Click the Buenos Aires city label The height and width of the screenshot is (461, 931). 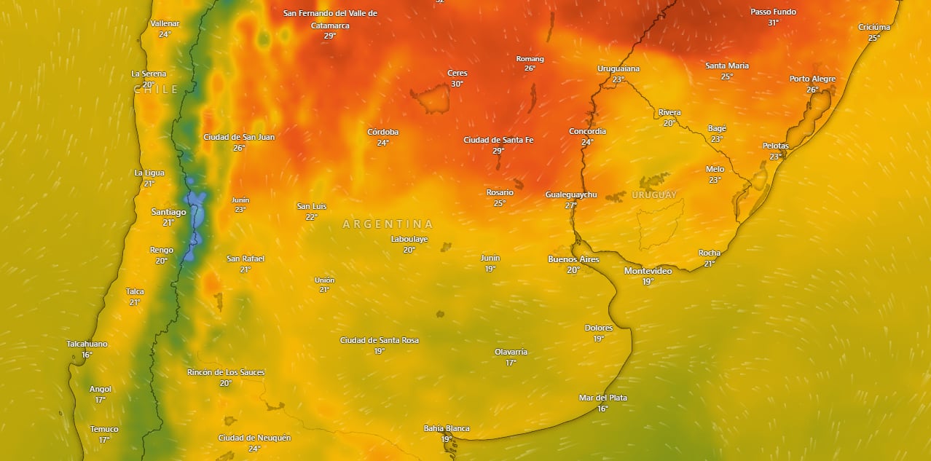pos(573,259)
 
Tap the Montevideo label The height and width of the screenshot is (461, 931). pos(648,271)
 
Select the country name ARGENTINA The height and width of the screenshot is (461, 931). pos(388,224)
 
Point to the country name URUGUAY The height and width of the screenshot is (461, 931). pos(653,195)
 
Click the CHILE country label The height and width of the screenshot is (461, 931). pos(156,90)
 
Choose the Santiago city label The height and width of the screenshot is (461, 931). pos(168,212)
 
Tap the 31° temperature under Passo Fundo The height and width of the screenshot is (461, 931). pos(773,23)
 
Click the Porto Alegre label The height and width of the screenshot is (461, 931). pos(812,79)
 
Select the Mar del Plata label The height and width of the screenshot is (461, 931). pos(602,398)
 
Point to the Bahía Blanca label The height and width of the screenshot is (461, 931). pos(447,428)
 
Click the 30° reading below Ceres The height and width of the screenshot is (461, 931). pos(457,84)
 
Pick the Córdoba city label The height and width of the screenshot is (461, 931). pos(382,133)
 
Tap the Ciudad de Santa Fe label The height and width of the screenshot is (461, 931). pos(498,140)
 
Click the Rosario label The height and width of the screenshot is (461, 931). pos(500,193)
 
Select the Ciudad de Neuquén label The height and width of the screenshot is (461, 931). pos(254,438)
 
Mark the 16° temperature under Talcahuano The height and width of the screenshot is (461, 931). pos(87,355)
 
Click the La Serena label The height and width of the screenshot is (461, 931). pos(149,74)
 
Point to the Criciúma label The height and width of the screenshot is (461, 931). pos(874,27)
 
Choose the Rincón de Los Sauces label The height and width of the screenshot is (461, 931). pos(226,372)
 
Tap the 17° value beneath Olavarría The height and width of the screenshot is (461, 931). pos(511,363)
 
